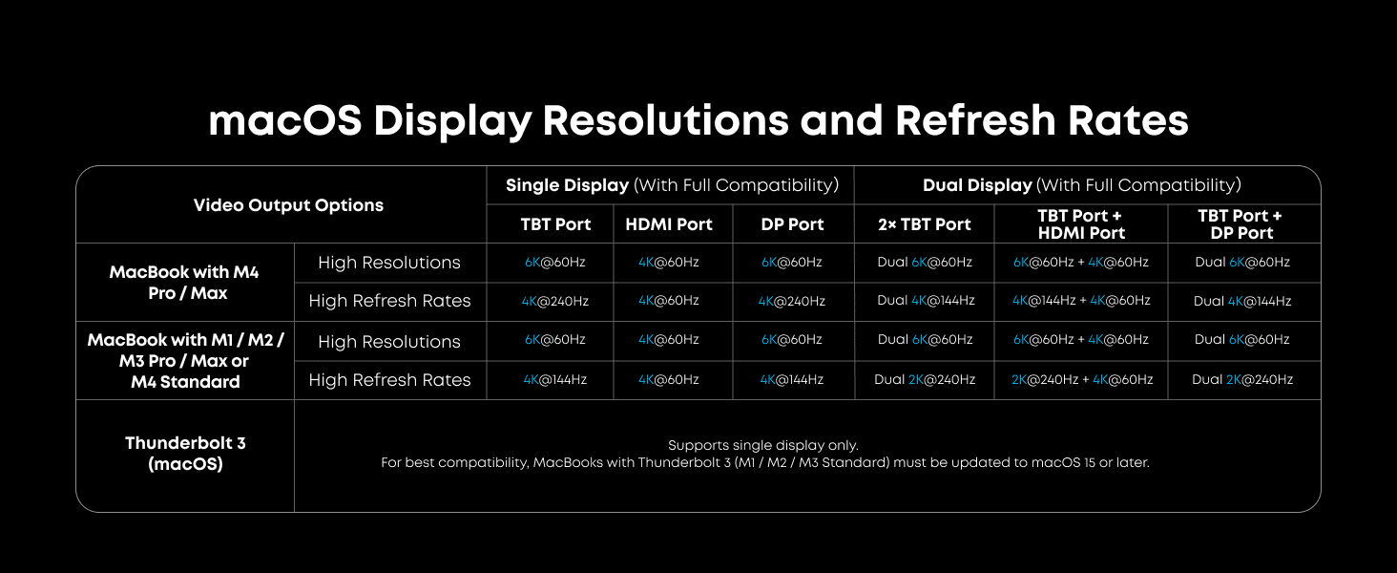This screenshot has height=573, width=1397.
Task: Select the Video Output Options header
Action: (x=288, y=205)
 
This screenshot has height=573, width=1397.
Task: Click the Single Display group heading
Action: (x=672, y=185)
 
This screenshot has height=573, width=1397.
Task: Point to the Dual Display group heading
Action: (x=1082, y=185)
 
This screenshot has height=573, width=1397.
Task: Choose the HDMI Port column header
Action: (x=669, y=224)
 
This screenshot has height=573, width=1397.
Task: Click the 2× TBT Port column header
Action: (x=925, y=224)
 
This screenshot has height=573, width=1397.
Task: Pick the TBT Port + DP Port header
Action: (x=1241, y=224)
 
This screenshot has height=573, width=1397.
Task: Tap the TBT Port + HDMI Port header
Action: (x=1081, y=224)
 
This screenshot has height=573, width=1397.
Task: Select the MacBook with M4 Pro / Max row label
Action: (x=184, y=282)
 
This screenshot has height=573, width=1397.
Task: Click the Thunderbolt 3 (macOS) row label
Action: (x=185, y=454)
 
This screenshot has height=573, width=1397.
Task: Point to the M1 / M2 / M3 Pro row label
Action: (x=185, y=360)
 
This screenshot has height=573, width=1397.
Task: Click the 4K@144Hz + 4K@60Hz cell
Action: (x=1081, y=300)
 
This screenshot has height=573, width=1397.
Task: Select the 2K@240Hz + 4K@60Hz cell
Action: (x=1082, y=379)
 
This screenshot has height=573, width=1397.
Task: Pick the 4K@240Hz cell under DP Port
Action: (x=791, y=301)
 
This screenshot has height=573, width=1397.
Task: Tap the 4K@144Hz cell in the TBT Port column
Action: (x=555, y=379)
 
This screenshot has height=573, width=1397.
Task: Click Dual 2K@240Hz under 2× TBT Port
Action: (x=925, y=379)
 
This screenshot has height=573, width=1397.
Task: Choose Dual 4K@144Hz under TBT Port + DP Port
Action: (x=1242, y=301)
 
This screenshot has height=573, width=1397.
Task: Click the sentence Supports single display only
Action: (x=763, y=445)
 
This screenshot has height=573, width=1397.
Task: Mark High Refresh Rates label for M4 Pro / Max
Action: (x=389, y=301)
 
